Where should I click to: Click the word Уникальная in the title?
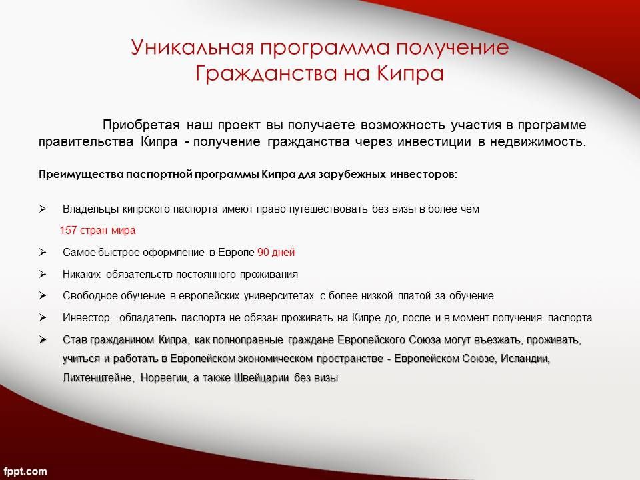point(192,47)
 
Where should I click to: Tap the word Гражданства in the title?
point(266,73)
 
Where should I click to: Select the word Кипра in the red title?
point(410,73)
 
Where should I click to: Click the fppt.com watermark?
point(25,471)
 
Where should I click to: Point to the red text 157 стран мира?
point(97,230)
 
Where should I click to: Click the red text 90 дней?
point(276,252)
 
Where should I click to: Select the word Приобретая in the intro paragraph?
point(141,125)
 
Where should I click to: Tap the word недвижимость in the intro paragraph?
point(537,141)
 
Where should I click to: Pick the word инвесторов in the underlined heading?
point(423,174)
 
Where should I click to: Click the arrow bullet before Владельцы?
point(43,209)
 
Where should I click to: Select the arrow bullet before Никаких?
point(43,274)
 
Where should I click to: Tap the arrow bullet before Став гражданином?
point(43,339)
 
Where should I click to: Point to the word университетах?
point(279,296)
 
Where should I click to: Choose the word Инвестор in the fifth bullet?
point(86,317)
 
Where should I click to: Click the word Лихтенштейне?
point(98,378)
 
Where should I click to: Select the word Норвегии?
point(165,378)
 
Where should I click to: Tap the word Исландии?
point(525,359)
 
